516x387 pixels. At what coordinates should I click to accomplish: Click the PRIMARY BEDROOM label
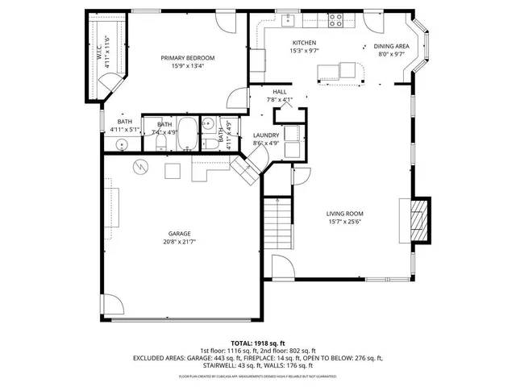click(187, 58)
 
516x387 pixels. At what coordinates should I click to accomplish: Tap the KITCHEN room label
click(304, 42)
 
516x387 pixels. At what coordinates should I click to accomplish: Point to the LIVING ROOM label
click(346, 214)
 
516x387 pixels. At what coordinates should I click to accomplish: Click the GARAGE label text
click(179, 233)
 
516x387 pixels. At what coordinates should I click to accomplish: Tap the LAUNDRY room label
click(266, 135)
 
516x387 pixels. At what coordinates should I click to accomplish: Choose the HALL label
click(280, 92)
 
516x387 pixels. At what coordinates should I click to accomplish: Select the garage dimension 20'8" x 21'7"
click(179, 241)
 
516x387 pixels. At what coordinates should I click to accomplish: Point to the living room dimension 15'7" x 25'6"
click(346, 222)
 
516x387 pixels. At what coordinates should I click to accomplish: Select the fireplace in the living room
click(418, 218)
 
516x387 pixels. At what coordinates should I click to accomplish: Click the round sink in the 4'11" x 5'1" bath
click(122, 144)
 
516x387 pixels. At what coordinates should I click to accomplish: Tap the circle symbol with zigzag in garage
click(141, 166)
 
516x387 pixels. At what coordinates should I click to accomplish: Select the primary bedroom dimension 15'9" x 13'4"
click(187, 66)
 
